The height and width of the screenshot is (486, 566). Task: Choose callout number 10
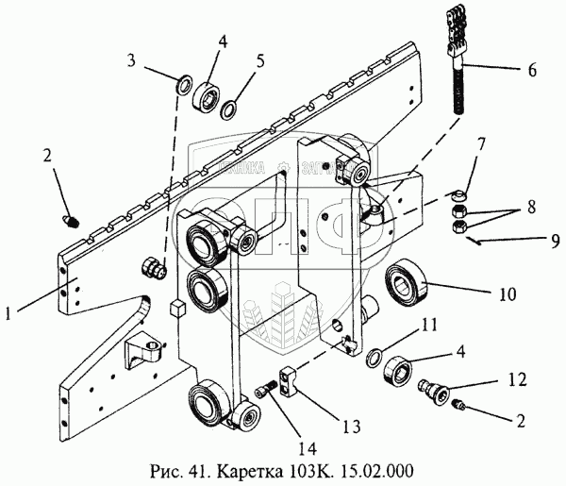tap(508, 294)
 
